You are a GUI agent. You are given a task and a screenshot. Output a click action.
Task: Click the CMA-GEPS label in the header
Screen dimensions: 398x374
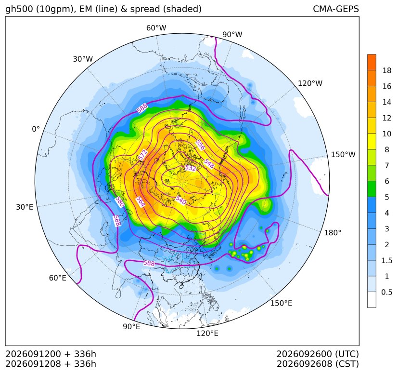click(x=336, y=9)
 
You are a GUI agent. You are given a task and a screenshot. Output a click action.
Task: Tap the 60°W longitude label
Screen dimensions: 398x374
click(x=156, y=28)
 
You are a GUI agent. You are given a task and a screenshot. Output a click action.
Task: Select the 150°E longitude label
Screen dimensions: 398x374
click(x=281, y=303)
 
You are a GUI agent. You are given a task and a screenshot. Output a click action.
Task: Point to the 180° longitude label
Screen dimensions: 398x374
click(x=333, y=233)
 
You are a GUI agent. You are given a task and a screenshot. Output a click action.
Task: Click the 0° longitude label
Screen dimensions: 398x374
click(x=36, y=129)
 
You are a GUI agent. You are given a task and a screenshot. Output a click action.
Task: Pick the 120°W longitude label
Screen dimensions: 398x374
click(x=310, y=83)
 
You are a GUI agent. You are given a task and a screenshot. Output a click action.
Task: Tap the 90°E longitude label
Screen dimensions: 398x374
click(x=131, y=327)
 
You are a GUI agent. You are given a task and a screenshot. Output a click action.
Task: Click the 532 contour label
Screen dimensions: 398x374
click(x=191, y=168)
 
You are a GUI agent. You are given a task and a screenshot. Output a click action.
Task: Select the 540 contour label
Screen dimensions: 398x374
click(x=181, y=200)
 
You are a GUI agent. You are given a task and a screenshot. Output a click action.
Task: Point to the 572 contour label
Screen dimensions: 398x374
click(x=142, y=155)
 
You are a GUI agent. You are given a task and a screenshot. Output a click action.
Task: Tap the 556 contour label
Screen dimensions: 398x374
click(x=200, y=145)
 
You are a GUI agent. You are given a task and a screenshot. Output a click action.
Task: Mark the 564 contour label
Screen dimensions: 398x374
click(x=140, y=201)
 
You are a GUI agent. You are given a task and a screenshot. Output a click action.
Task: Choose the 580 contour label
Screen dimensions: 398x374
click(x=120, y=202)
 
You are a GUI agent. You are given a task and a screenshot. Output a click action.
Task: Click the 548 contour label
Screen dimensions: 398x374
click(x=209, y=164)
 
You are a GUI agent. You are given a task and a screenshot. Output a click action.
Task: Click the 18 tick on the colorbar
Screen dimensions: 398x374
click(x=387, y=70)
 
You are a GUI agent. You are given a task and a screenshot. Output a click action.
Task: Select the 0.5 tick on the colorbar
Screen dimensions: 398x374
click(x=386, y=292)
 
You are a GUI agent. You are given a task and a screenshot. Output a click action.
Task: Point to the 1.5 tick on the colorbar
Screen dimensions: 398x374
click(x=386, y=260)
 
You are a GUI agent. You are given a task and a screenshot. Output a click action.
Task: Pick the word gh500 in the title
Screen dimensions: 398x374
click(x=19, y=9)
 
